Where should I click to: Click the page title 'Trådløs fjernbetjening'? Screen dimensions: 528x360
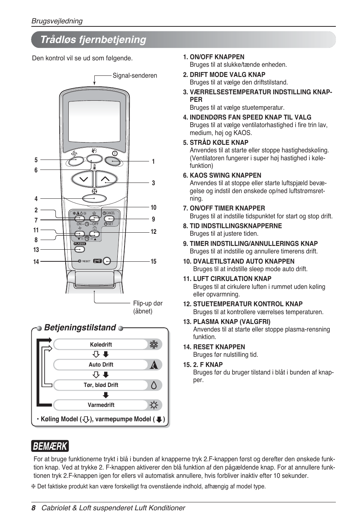93,40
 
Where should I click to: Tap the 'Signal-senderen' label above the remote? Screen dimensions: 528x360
135,75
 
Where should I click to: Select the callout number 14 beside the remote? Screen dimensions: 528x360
36,262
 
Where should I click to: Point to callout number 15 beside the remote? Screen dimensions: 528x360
154,261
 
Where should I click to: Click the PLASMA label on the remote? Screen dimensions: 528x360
80,244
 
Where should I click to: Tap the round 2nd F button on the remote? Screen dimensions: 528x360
107,261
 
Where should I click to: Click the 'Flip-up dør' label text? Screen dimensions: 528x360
148,303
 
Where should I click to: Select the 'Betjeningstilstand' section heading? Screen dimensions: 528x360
80,327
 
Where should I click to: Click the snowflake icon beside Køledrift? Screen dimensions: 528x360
154,344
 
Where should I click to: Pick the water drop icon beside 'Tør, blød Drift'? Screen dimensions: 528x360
154,385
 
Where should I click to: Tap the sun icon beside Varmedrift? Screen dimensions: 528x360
154,405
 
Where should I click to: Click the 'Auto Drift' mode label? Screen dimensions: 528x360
101,365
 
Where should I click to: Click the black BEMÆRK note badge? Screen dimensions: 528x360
50,446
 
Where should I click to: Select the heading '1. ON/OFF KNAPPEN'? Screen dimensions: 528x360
214,57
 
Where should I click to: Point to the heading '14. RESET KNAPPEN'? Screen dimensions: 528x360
214,347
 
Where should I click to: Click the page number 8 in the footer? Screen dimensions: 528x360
34,508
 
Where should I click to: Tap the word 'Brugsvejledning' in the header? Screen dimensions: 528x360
57,21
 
